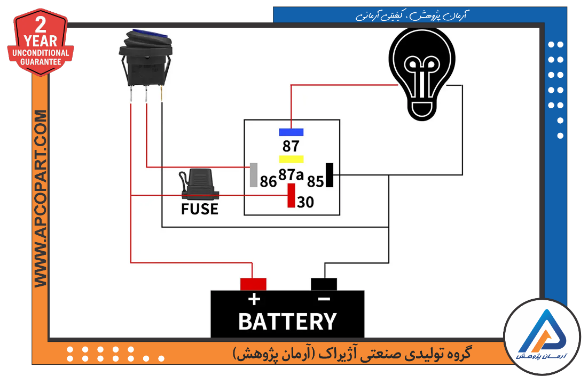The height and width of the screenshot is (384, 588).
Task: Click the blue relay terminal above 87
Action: coord(291,132)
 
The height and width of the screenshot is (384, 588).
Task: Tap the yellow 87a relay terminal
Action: coord(291,159)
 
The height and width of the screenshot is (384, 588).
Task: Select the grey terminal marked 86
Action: coord(254,175)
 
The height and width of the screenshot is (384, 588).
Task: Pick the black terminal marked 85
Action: coord(330,175)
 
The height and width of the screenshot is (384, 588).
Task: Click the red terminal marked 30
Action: coord(291,195)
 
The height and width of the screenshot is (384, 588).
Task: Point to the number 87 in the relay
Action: coord(291,146)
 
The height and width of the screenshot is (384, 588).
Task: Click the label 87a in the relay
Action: coord(291,174)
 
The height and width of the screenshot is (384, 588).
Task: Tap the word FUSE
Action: coord(200,209)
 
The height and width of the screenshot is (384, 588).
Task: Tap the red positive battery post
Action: coord(253,284)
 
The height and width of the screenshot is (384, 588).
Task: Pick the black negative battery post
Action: coord(324,284)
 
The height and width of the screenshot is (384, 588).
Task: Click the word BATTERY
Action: coord(288,322)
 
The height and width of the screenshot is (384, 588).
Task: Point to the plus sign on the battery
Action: coord(254,299)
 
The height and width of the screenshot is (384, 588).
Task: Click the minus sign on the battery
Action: coord(324,299)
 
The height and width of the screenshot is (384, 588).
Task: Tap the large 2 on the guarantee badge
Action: coord(41,25)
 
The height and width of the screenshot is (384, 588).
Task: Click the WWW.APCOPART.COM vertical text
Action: coord(41,198)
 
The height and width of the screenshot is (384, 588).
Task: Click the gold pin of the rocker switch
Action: coord(162,94)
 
